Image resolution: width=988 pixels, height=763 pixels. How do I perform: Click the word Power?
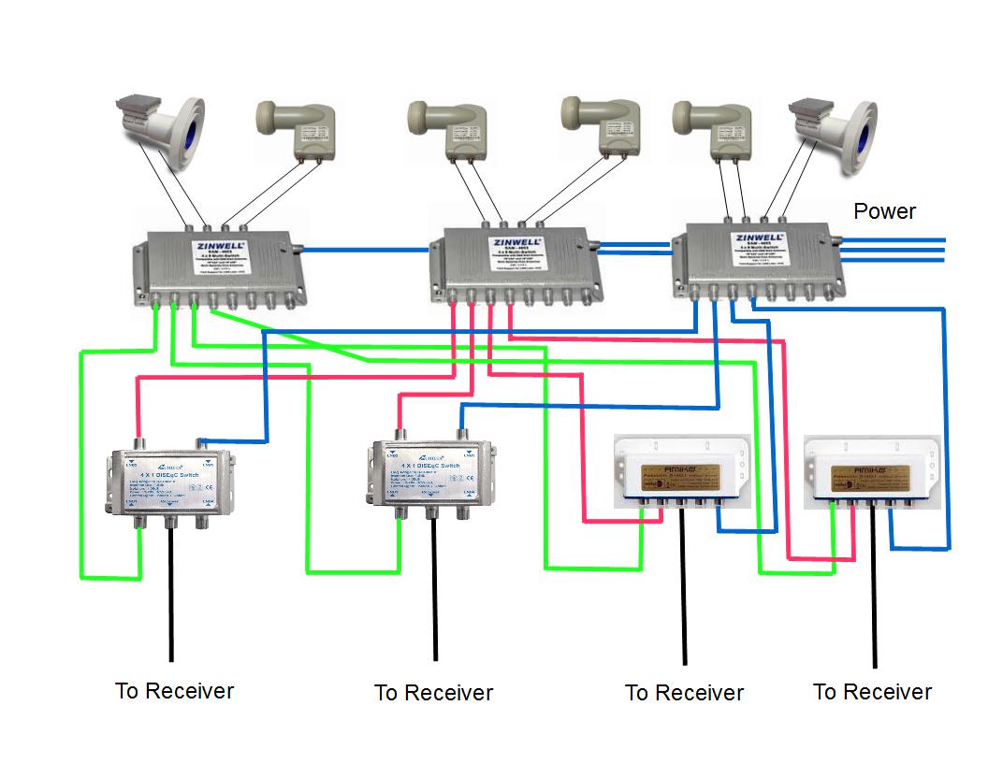tap(884, 211)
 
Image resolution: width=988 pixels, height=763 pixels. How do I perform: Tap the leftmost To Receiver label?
tap(174, 691)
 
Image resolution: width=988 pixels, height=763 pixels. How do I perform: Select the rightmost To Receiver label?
tap(872, 692)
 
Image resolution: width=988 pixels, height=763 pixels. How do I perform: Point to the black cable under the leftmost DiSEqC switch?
tap(171, 598)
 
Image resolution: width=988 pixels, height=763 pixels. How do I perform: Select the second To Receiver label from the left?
tap(433, 693)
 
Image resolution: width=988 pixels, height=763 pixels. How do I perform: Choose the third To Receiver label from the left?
tap(684, 693)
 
